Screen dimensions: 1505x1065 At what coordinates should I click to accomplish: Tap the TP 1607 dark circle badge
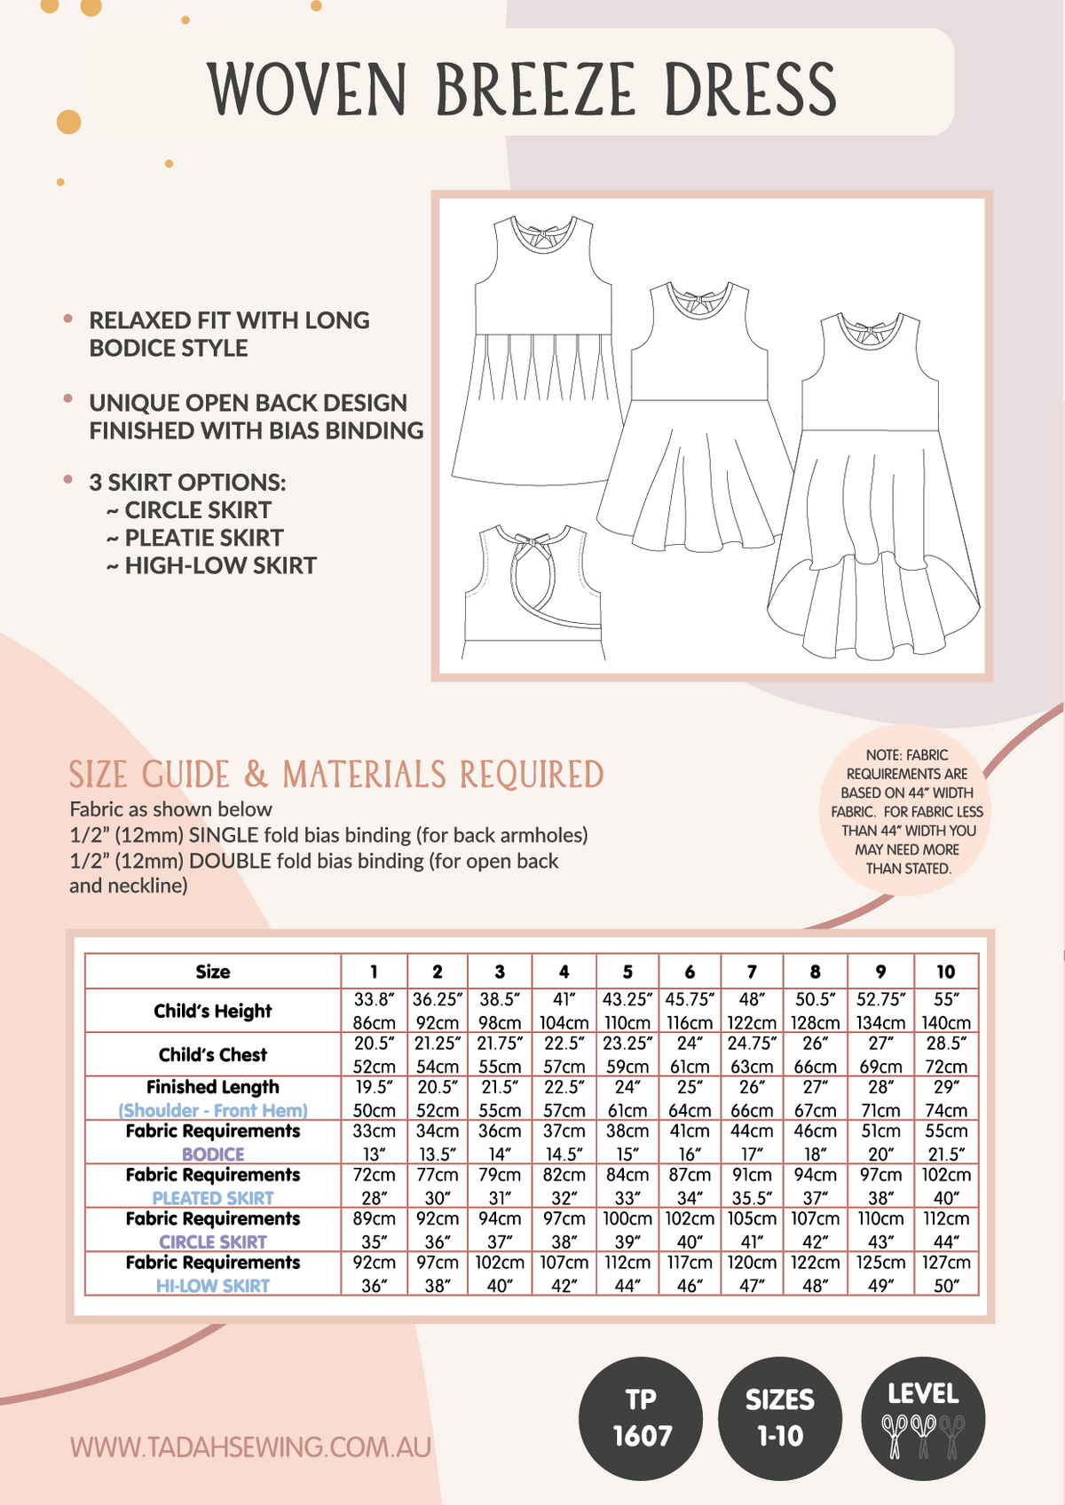pos(641,1417)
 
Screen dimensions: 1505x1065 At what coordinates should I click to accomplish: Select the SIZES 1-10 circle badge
pos(779,1417)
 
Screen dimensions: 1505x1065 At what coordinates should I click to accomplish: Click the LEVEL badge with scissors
pos(923,1417)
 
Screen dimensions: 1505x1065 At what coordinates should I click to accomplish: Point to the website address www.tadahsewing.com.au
pos(250,1447)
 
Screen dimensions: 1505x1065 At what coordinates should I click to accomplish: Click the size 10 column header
pos(946,972)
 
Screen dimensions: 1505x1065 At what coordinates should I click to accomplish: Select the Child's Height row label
pos(213,1011)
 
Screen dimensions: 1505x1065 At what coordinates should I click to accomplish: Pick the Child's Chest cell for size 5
pos(627,1054)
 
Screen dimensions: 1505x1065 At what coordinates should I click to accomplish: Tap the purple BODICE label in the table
pos(213,1154)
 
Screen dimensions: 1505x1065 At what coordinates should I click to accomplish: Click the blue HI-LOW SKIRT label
pos(213,1285)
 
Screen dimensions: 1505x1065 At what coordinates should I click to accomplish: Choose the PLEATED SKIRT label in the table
pos(213,1198)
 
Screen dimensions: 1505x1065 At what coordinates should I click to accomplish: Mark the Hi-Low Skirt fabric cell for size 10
pos(946,1273)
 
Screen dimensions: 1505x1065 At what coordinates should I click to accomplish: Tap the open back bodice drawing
pos(532,590)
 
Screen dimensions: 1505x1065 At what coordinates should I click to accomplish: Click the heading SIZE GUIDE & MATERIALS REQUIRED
pos(336,775)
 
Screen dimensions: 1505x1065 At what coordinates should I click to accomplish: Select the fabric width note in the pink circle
pos(907,811)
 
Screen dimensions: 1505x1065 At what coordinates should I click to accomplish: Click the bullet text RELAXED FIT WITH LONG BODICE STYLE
pos(229,334)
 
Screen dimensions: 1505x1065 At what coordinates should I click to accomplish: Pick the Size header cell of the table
pos(213,972)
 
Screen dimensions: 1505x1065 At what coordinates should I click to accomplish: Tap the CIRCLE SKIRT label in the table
pos(213,1241)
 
